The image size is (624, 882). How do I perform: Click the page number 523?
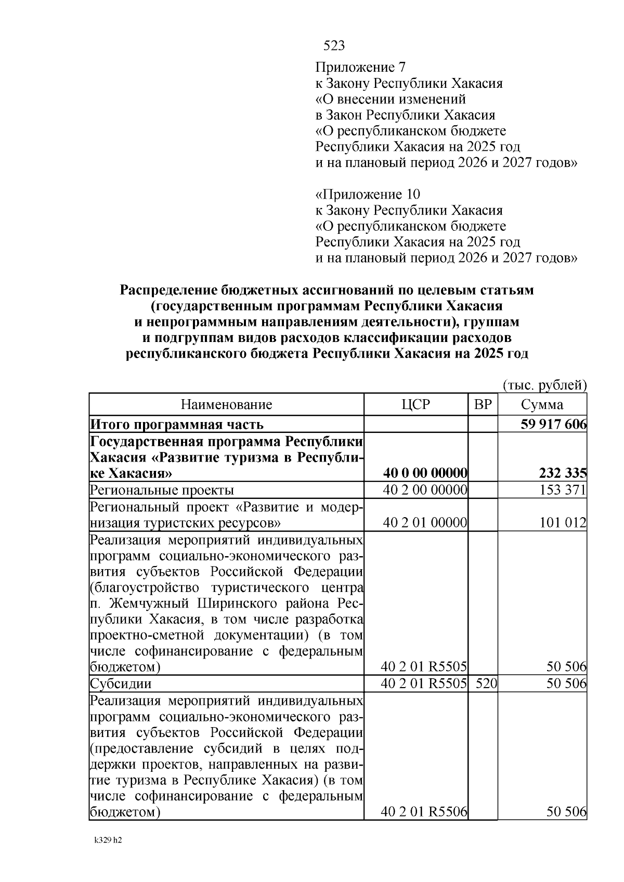click(x=334, y=46)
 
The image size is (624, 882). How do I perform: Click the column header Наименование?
click(x=226, y=404)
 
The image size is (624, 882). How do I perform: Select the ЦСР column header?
click(x=416, y=404)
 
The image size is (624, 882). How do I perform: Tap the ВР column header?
click(x=483, y=404)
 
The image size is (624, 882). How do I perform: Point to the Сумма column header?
click(x=542, y=404)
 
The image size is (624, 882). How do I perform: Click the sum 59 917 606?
click(x=553, y=424)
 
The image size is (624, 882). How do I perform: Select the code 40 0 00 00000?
click(x=425, y=473)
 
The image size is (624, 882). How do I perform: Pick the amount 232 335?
click(x=562, y=473)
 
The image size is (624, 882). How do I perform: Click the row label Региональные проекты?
click(x=162, y=490)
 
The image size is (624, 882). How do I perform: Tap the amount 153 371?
click(x=563, y=490)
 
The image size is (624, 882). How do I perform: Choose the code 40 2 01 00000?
click(x=425, y=522)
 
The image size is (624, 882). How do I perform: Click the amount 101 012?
click(x=563, y=522)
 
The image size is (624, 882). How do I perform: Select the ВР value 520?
click(x=486, y=683)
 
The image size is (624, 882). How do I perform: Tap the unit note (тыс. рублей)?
click(x=544, y=385)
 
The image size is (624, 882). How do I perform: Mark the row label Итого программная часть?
click(x=177, y=424)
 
